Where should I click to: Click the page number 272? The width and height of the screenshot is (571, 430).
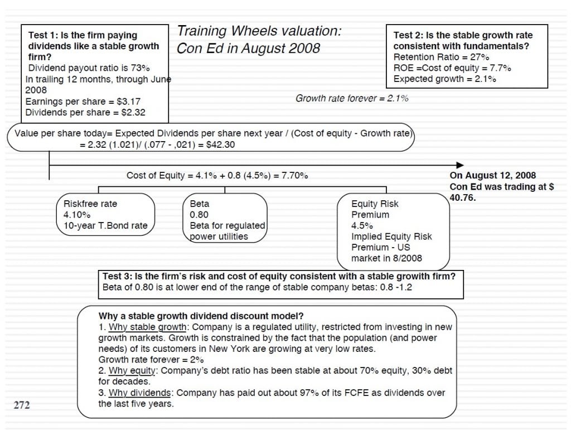click(x=22, y=405)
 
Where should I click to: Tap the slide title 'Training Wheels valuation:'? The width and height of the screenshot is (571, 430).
click(x=259, y=31)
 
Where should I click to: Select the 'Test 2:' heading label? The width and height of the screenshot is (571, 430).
click(x=408, y=35)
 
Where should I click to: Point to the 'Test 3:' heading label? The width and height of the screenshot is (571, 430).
click(x=117, y=276)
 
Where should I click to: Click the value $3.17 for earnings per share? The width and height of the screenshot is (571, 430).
click(x=128, y=102)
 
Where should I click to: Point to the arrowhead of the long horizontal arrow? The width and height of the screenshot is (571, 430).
click(x=460, y=165)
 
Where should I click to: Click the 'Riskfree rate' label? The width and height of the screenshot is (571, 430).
click(x=90, y=204)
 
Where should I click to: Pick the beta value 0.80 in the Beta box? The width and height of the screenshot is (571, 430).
click(x=199, y=215)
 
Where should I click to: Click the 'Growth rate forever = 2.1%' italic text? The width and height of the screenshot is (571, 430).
click(x=352, y=99)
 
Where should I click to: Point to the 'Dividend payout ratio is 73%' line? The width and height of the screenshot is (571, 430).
click(x=89, y=68)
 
